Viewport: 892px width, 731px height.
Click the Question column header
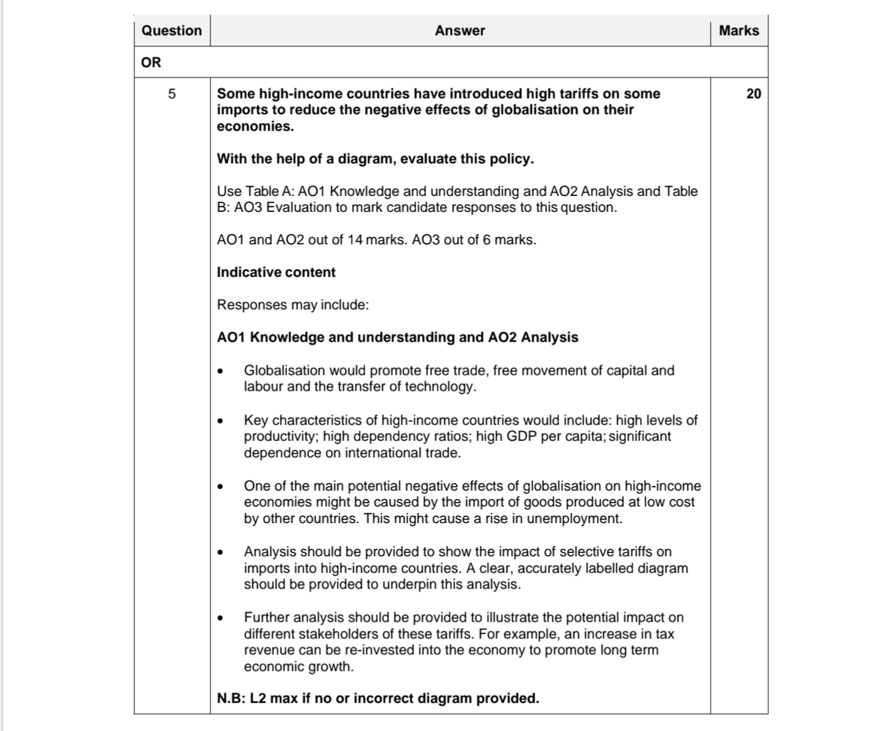[x=171, y=30]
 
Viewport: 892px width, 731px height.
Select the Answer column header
[x=460, y=30]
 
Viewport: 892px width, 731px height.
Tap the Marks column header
[x=738, y=30]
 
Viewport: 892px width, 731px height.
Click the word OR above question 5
[x=151, y=62]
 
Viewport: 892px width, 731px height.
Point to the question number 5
[x=172, y=94]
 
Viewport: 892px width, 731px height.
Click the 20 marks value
[x=754, y=94]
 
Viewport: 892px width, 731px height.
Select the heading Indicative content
[x=276, y=272]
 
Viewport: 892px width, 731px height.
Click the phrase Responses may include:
[x=292, y=305]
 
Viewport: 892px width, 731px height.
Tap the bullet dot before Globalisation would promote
[x=220, y=371]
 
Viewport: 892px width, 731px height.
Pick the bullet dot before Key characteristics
[x=220, y=421]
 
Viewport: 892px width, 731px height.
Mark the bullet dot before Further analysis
[x=220, y=618]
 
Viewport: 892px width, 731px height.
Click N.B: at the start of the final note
[x=231, y=699]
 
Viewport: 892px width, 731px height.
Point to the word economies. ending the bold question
[x=255, y=126]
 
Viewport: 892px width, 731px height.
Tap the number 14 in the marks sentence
[x=355, y=240]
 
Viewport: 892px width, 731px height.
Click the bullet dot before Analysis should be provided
[x=220, y=553]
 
